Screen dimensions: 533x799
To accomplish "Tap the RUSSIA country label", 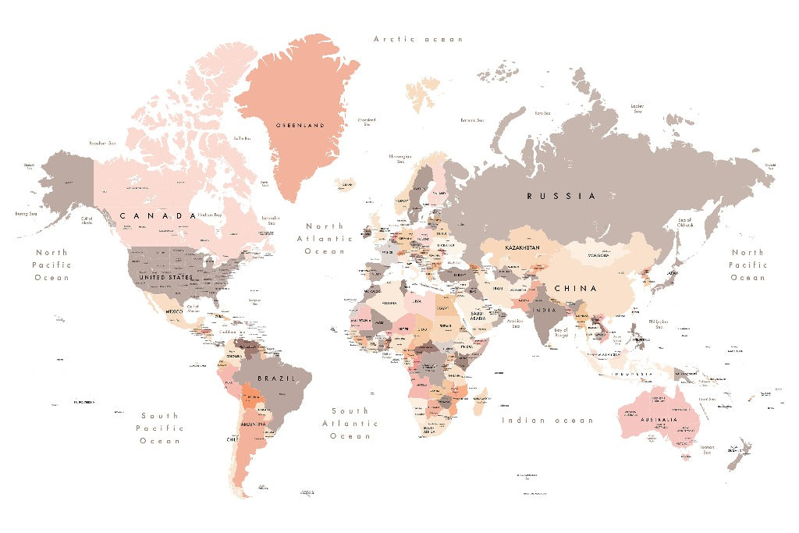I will (x=561, y=196).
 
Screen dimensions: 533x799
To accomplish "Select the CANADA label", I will (x=158, y=215).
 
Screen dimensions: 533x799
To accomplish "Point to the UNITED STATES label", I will (x=165, y=277).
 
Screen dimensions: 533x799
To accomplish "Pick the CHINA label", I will (x=576, y=288).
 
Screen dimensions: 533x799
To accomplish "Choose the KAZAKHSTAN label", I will (x=523, y=247).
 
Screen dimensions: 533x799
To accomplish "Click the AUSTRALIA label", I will (x=654, y=419).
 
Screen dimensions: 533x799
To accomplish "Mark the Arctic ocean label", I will (x=418, y=39).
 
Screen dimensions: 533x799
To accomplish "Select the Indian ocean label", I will (x=547, y=421).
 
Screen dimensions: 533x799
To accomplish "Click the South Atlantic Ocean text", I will (x=350, y=423).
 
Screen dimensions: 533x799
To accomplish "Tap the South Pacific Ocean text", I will (x=160, y=428).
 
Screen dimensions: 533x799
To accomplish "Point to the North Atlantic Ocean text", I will (x=325, y=239).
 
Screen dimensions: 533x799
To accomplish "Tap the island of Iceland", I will (x=344, y=185).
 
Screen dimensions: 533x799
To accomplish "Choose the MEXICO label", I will (x=174, y=311).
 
